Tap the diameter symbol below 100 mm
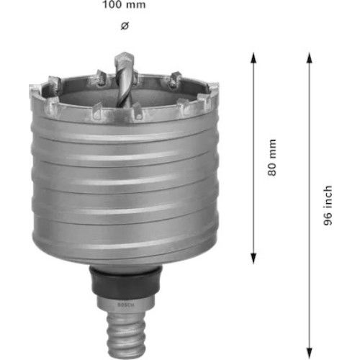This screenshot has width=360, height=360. [124, 26]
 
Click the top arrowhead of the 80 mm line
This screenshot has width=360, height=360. [253, 58]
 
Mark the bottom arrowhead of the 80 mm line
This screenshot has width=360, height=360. [253, 261]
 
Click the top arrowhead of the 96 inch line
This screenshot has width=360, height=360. [310, 58]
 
